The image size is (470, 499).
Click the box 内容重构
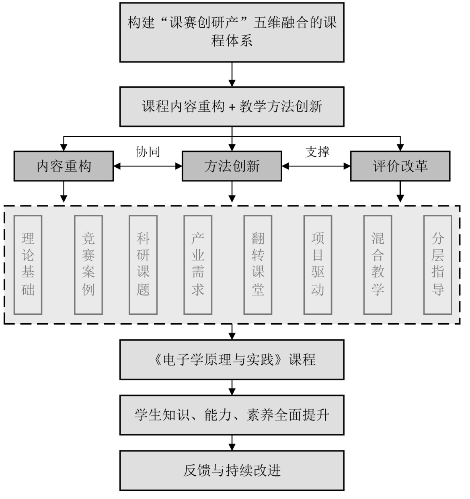pyautogui.click(x=64, y=166)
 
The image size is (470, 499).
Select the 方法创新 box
pyautogui.click(x=232, y=166)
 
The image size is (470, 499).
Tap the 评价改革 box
pyautogui.click(x=400, y=166)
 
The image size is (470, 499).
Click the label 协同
pyautogui.click(x=148, y=152)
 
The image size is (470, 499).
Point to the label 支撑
pyautogui.click(x=317, y=152)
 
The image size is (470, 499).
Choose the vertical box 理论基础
pyautogui.click(x=28, y=265)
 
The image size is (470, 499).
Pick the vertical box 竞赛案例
pyautogui.click(x=88, y=265)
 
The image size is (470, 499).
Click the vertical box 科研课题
pyautogui.click(x=143, y=265)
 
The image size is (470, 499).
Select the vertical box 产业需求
pyautogui.click(x=198, y=265)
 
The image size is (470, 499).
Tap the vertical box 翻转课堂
pyautogui.click(x=258, y=265)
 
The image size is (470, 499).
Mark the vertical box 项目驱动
pyautogui.click(x=318, y=265)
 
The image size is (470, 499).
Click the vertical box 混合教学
pyautogui.click(x=378, y=265)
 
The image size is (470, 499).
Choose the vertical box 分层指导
pyautogui.click(x=437, y=265)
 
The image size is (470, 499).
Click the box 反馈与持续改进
pyautogui.click(x=232, y=470)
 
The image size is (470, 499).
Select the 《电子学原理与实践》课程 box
pyautogui.click(x=232, y=359)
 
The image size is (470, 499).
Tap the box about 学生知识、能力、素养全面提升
pyautogui.click(x=232, y=415)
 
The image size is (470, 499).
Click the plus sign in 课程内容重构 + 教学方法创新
pyautogui.click(x=232, y=107)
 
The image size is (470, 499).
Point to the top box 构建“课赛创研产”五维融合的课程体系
pyautogui.click(x=232, y=32)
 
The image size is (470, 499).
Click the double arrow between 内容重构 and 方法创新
pyautogui.click(x=148, y=166)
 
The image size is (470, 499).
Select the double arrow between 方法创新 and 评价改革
pyautogui.click(x=316, y=166)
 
